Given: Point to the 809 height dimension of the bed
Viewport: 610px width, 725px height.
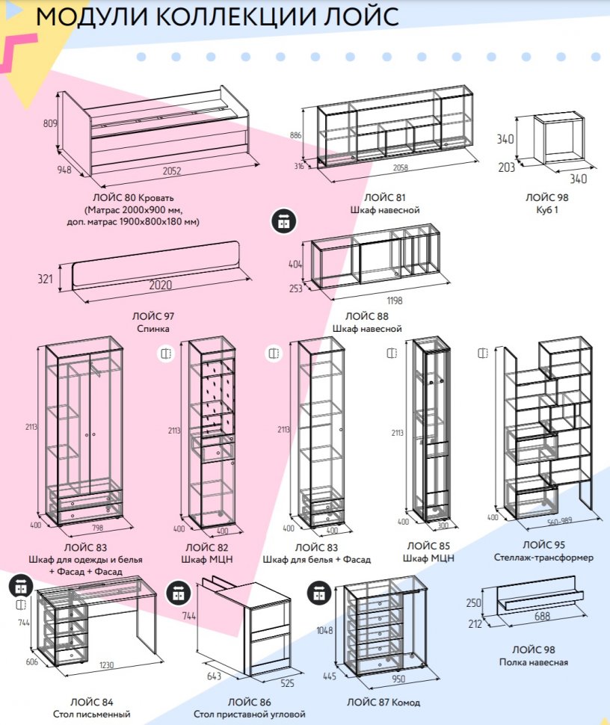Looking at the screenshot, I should (51, 123).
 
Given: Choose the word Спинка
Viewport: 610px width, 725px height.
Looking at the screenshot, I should (153, 328).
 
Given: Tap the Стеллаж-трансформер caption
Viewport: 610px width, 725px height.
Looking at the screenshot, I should (543, 558).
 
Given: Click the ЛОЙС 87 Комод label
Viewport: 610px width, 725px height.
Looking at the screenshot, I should (383, 703).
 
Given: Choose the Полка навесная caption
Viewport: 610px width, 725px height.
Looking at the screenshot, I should (534, 662).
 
